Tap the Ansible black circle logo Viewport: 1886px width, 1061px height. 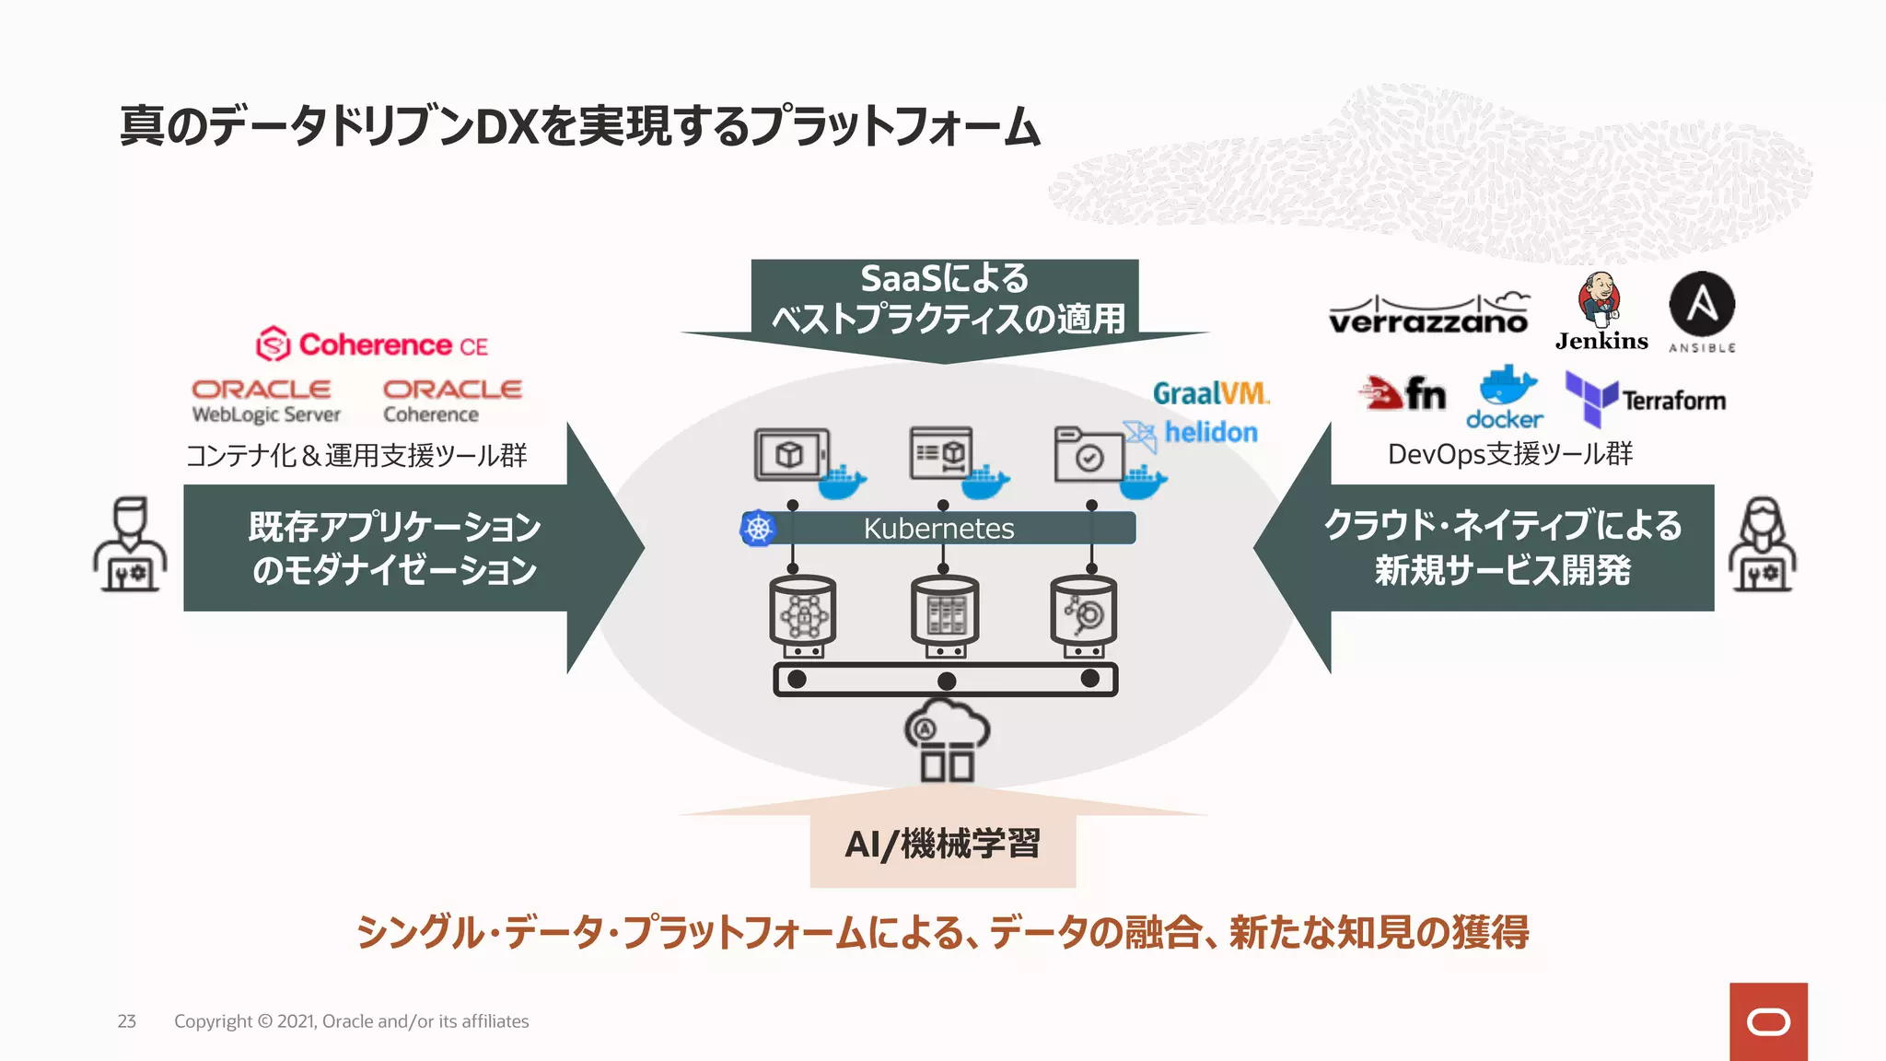click(x=1702, y=304)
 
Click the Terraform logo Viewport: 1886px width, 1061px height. click(x=1645, y=400)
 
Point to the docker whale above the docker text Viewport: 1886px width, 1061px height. click(x=1507, y=384)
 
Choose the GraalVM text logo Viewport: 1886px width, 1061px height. click(x=1211, y=393)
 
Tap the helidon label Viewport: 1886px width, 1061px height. click(x=1210, y=432)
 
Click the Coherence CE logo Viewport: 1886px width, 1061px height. click(x=372, y=344)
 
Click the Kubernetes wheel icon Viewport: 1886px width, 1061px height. click(x=758, y=528)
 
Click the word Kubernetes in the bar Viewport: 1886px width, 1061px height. click(x=938, y=528)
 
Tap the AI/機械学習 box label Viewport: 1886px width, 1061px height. click(x=942, y=844)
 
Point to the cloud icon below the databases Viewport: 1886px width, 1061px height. click(x=946, y=739)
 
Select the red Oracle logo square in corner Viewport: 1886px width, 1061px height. click(x=1767, y=1021)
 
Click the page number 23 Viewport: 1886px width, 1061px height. click(x=126, y=1020)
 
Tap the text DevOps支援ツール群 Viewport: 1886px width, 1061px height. click(x=1509, y=454)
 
